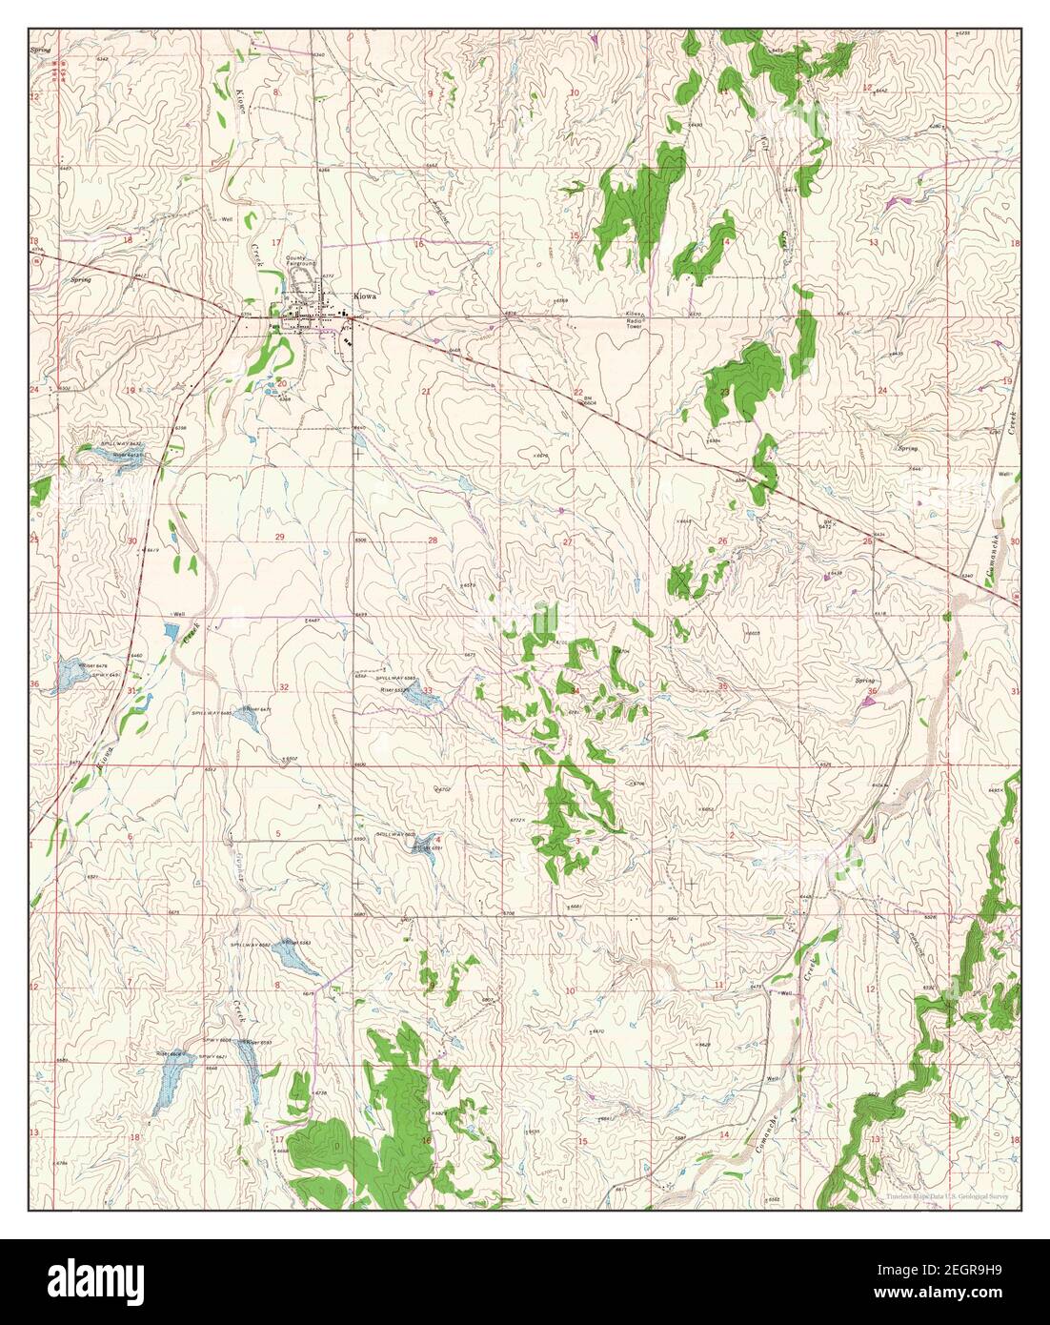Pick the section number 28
click(433, 540)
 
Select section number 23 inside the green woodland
click(724, 392)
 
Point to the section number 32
click(284, 687)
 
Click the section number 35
click(723, 685)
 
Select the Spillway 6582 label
click(251, 944)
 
